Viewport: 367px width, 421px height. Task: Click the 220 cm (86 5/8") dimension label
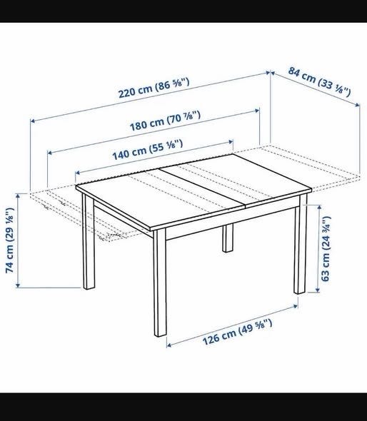point(154,88)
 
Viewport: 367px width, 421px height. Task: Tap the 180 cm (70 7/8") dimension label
point(165,121)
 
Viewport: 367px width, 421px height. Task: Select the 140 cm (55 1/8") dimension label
point(148,150)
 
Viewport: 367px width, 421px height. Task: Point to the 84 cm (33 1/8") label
point(320,81)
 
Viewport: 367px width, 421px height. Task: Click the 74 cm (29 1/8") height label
point(10,240)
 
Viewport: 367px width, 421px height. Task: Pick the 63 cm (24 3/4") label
point(326,249)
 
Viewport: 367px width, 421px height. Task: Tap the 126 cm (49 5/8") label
point(237,332)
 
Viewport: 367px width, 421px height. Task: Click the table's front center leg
point(160,283)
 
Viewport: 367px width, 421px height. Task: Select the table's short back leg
point(228,238)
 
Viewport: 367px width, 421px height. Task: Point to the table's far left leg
point(89,241)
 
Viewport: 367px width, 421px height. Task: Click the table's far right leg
point(301,244)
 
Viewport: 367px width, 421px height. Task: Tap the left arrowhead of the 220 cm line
point(32,121)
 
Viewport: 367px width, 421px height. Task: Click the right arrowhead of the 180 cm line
point(257,111)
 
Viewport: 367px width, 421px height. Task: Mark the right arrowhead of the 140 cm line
point(231,142)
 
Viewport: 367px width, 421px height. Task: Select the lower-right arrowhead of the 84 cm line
point(358,105)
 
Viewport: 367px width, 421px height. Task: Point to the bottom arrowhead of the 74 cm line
point(18,285)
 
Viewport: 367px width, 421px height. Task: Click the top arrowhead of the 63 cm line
point(318,207)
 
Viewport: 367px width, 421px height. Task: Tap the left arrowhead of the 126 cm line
point(169,345)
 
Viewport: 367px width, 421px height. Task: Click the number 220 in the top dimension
point(127,93)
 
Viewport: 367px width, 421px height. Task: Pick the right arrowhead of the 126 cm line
point(296,306)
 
